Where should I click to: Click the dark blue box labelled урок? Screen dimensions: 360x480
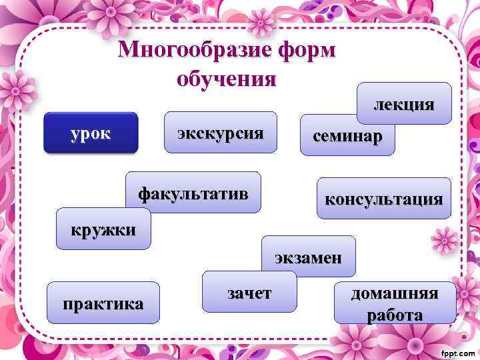90,133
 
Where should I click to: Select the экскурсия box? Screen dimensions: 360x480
220,132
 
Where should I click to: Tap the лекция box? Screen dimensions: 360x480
404,103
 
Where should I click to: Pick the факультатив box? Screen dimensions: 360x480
193,194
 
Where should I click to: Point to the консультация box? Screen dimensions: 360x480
383,199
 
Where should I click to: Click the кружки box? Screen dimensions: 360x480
104,229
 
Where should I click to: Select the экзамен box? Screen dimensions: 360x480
309,257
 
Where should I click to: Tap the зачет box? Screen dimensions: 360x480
249,292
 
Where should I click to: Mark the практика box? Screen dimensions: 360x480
103,304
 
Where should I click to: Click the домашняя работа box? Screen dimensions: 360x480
395,303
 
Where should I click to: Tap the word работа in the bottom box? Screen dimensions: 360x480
395,315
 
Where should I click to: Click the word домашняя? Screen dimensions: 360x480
395,293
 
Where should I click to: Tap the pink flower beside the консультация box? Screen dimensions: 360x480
443,240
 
